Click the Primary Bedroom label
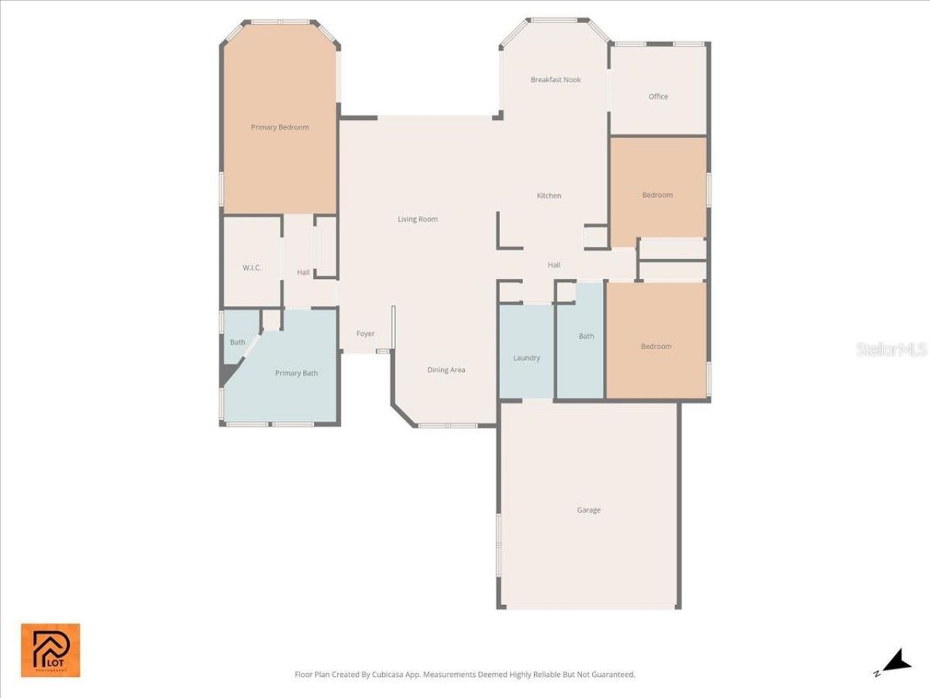280,127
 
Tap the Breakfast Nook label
555,80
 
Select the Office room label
658,96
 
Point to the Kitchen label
549,196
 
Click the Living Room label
417,219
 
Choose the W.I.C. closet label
251,268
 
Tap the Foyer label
365,334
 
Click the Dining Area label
446,370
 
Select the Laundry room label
526,358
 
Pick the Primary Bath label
296,373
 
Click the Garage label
589,510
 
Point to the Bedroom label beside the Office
657,195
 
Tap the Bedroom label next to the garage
656,346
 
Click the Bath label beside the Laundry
586,336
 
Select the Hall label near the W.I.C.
303,273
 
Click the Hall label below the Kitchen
554,265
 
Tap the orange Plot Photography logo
50,650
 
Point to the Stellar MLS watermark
891,349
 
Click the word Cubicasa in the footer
388,675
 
